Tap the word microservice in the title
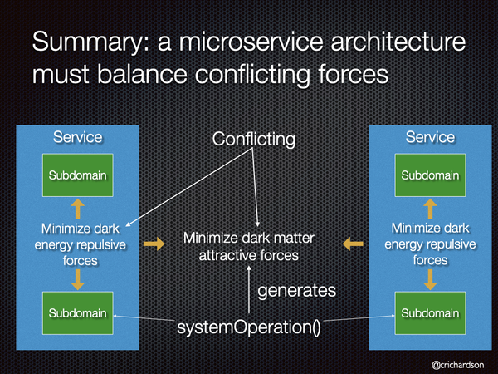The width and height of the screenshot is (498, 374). (251, 42)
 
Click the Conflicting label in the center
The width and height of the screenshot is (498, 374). (254, 140)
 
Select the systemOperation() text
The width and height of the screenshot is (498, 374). (249, 327)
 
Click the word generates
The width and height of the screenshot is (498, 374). (296, 291)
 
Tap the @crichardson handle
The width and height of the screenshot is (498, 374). (458, 365)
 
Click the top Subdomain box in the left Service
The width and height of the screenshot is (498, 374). (78, 175)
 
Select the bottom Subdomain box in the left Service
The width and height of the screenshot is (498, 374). (78, 313)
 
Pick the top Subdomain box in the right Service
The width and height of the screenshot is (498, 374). (430, 175)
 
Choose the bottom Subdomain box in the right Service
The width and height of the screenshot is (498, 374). (430, 313)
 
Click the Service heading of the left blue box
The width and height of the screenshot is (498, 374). (78, 137)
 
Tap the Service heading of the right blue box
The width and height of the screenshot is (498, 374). (430, 137)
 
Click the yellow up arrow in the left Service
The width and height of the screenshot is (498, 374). (77, 209)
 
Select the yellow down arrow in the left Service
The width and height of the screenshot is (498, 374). (77, 279)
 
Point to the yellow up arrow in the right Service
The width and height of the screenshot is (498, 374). (430, 209)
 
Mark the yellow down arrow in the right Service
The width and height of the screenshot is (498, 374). (430, 279)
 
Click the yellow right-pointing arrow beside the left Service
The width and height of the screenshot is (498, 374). (154, 244)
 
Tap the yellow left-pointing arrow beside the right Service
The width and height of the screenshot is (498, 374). (353, 244)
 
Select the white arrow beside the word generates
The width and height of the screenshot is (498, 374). (249, 290)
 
